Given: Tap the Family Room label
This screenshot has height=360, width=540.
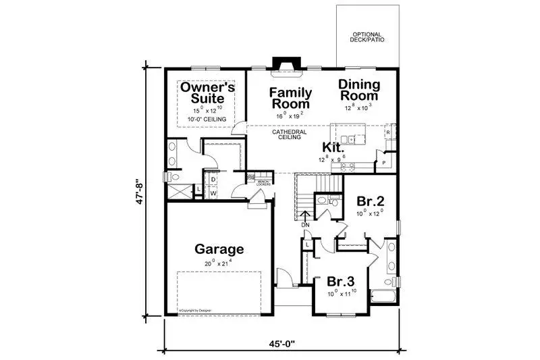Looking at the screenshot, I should click(291, 99).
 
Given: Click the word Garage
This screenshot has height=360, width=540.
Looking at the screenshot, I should click(219, 249).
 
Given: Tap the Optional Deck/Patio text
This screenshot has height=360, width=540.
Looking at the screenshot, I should click(367, 38).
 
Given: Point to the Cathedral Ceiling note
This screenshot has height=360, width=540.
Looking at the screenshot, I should click(290, 134).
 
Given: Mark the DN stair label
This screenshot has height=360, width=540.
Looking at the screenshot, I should click(305, 224).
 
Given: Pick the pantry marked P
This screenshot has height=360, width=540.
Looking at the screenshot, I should click(384, 163).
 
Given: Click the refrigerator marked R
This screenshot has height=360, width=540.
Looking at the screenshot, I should click(388, 133).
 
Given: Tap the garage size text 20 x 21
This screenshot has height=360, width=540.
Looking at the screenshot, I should click(219, 263).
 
